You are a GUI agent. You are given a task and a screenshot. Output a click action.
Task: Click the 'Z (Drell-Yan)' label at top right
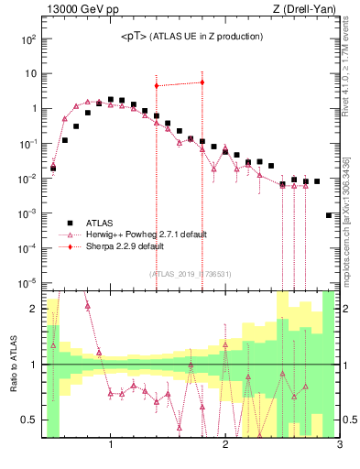point(307,10)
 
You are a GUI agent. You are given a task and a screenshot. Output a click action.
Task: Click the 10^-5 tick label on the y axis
point(27,282)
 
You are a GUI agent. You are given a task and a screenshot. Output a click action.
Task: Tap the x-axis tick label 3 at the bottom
point(339,446)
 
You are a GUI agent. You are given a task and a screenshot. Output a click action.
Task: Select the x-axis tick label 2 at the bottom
point(225,446)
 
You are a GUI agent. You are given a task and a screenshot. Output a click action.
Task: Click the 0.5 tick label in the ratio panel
point(29,420)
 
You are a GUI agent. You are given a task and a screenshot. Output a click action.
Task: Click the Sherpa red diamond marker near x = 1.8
point(202,82)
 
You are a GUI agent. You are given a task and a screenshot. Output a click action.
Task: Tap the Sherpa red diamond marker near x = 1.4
point(157,85)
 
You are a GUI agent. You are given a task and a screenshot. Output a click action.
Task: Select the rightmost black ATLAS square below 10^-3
point(329,215)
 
